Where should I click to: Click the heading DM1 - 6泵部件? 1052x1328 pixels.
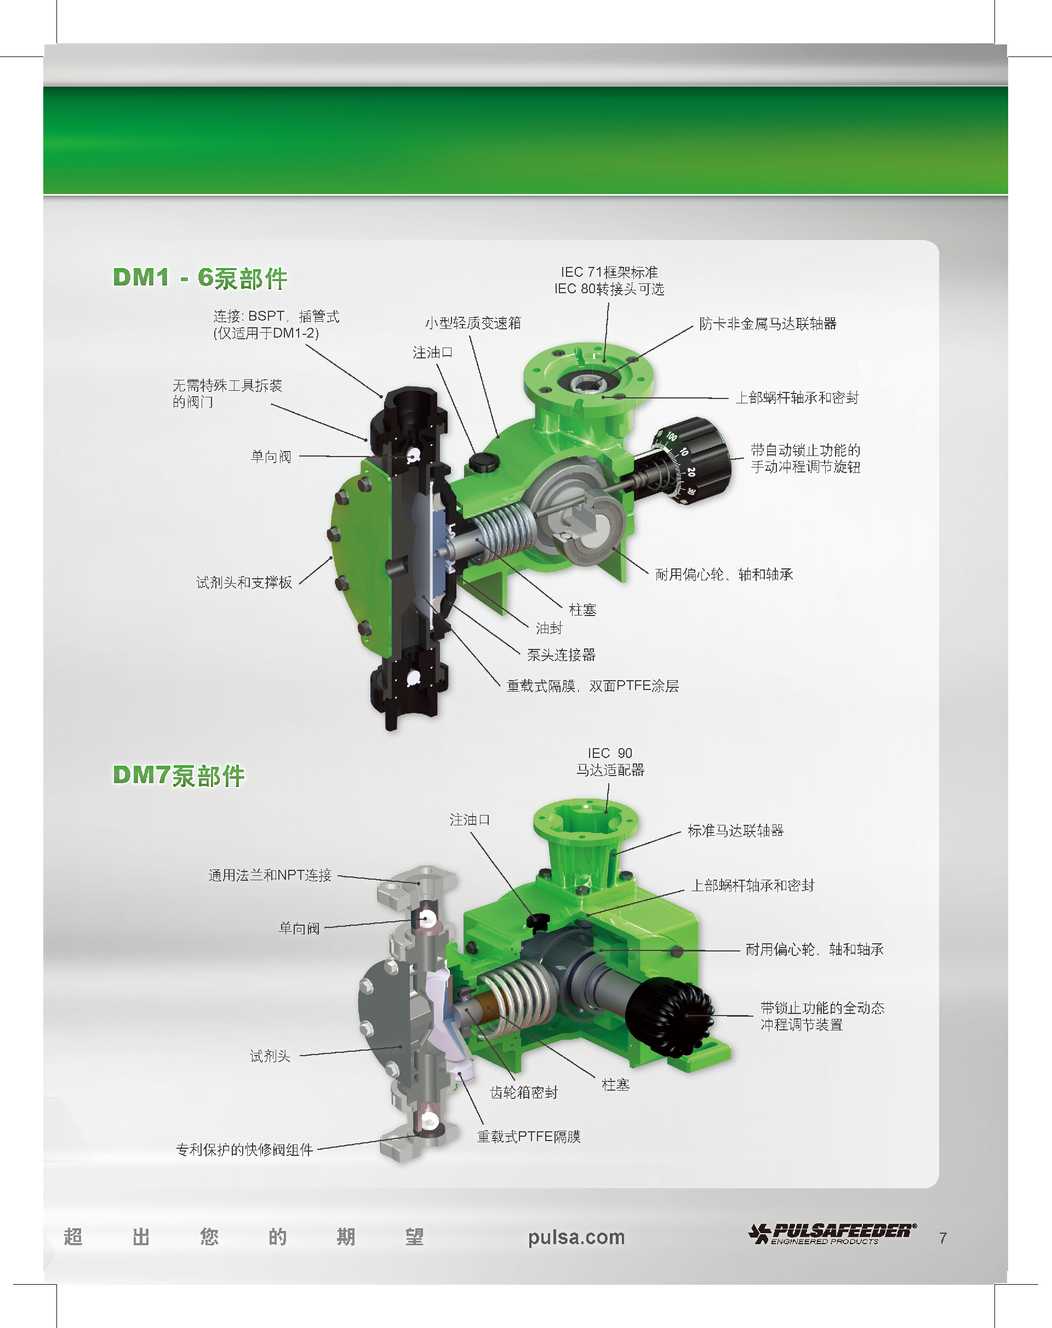[x=200, y=278]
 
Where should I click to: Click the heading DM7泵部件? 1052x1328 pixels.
[x=179, y=776]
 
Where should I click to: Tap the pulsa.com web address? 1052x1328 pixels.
[x=576, y=1238]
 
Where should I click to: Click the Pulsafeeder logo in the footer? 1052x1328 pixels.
[x=832, y=1234]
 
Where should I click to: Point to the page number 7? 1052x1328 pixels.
[x=942, y=1238]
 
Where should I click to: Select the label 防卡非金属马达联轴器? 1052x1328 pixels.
[x=768, y=324]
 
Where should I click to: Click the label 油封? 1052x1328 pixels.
[x=549, y=628]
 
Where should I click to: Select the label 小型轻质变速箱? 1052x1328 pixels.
[x=473, y=323]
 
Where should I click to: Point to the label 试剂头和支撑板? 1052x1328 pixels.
[x=244, y=583]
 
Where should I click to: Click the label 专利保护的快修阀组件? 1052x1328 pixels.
[x=244, y=1150]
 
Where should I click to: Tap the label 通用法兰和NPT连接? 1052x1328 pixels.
[x=270, y=875]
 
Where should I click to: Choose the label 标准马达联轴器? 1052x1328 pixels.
[x=735, y=831]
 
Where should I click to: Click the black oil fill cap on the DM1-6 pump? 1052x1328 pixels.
[x=483, y=461]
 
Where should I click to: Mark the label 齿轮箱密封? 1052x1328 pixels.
[x=524, y=1093]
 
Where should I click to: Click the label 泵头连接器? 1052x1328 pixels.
[x=561, y=655]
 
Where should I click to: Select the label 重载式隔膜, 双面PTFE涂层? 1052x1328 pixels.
[x=592, y=686]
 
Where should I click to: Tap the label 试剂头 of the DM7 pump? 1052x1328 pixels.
[x=270, y=1056]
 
